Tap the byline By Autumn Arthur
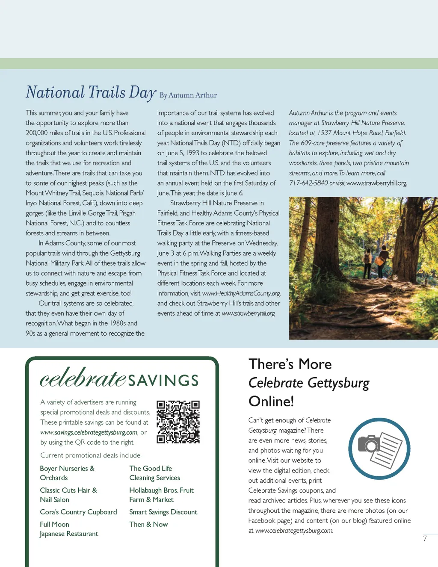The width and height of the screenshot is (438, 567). tap(188, 95)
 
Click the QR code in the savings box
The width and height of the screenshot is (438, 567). tap(178, 422)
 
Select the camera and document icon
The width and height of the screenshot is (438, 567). tap(379, 449)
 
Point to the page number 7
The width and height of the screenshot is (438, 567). tap(425, 539)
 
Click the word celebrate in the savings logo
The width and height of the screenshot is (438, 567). tap(83, 378)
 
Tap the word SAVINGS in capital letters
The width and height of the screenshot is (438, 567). tap(163, 381)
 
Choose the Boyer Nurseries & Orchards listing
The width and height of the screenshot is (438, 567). tap(67, 473)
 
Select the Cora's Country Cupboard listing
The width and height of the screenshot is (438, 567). tap(78, 512)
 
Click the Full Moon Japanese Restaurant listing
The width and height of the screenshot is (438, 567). tap(69, 529)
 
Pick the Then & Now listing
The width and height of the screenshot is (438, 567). tap(148, 524)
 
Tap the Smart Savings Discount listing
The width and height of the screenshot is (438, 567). tap(163, 512)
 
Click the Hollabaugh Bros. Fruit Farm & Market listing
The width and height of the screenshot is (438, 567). tap(161, 495)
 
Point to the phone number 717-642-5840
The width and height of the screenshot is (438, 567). tap(308, 183)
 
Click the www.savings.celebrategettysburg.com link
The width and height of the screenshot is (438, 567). tap(89, 432)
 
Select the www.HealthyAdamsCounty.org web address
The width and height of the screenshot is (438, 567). tap(241, 293)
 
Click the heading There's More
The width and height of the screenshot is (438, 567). tap(290, 364)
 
